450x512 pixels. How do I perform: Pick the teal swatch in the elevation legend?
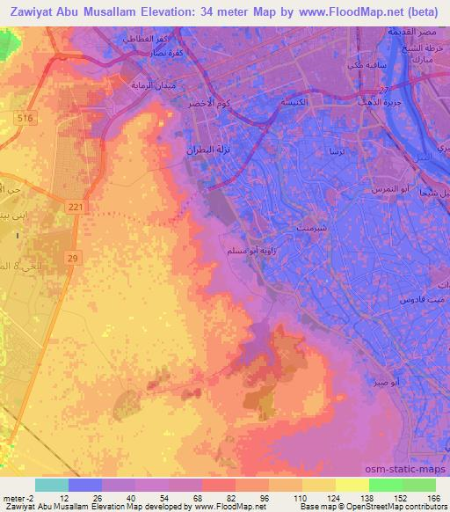point(52,484)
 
